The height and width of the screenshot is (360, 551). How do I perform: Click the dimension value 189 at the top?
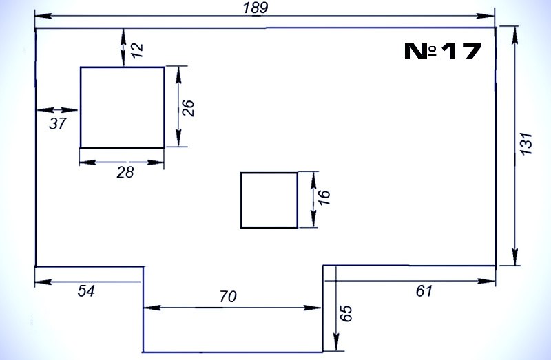[x=256, y=8]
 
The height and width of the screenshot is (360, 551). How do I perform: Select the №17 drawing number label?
[x=441, y=51]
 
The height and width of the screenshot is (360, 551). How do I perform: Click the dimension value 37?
[x=58, y=124]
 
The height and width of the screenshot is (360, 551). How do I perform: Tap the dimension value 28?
[x=125, y=172]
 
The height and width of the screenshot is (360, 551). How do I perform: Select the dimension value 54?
[x=85, y=291]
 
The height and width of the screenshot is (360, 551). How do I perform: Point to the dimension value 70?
[x=228, y=297]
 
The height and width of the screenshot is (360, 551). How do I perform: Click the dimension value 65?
[x=346, y=314]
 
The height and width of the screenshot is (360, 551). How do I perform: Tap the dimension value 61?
[x=424, y=291]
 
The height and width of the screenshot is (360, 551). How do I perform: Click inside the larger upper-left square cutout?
[x=123, y=107]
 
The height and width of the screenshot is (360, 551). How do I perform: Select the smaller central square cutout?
[x=269, y=200]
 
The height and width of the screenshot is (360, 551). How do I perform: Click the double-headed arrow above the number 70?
[x=233, y=308]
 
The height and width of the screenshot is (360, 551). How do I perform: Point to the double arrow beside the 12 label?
[x=123, y=47]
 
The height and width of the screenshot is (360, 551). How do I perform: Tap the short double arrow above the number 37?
[x=57, y=110]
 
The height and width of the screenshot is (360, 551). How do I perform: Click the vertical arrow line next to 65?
[x=335, y=310]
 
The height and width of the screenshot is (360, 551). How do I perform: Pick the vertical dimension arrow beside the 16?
[x=313, y=200]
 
